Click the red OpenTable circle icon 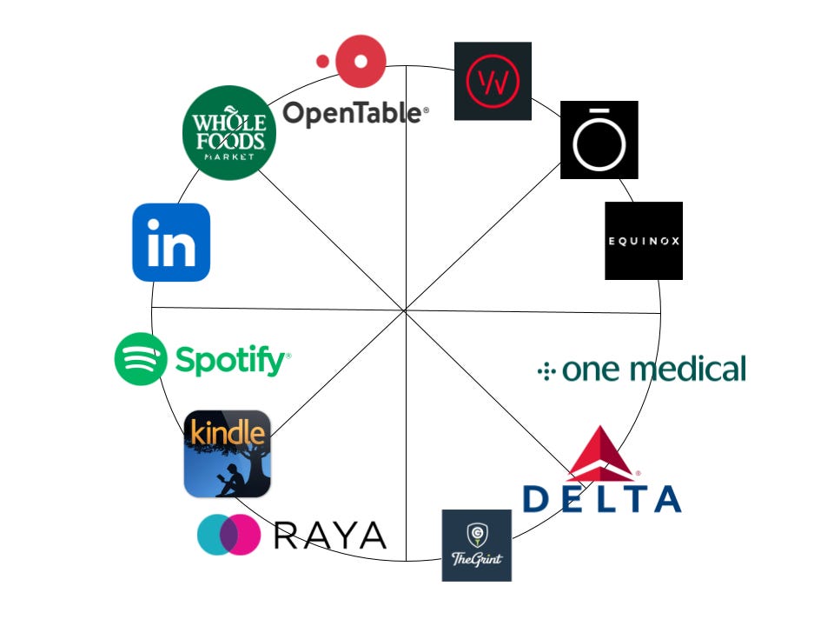point(361,61)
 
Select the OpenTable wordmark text point(355,113)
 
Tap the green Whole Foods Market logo point(229,133)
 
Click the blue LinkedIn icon point(171,243)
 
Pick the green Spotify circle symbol point(140,358)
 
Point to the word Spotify point(230,359)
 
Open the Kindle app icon point(228,454)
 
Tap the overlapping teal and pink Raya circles point(229,534)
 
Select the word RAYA point(330,535)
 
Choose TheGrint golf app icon point(477,545)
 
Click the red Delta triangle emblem point(601,455)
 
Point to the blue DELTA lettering point(601,498)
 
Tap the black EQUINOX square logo point(644,241)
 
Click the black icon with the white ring point(599,140)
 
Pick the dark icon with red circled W point(493,81)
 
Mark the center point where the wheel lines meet point(406,310)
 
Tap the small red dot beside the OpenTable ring point(323,61)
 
